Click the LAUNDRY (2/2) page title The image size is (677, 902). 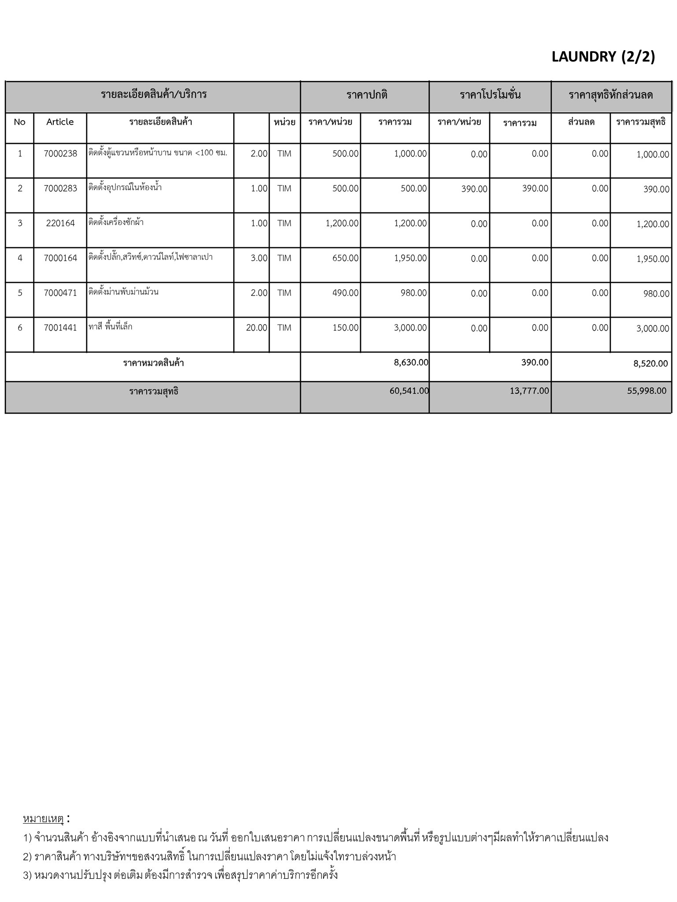(x=603, y=57)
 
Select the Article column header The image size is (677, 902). (x=60, y=122)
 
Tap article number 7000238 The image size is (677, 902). (x=60, y=154)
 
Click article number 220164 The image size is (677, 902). (x=60, y=223)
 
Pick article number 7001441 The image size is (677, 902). (x=60, y=328)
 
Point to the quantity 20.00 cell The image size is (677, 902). (x=257, y=328)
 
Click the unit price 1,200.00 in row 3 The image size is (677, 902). (x=342, y=223)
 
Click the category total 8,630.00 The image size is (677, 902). (x=411, y=362)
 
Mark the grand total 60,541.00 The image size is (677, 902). (x=409, y=391)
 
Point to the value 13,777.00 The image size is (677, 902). (x=529, y=391)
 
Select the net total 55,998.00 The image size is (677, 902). (x=647, y=391)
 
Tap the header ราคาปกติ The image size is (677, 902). (x=367, y=95)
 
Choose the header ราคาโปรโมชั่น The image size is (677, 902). (x=490, y=95)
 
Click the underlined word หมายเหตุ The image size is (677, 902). (x=44, y=819)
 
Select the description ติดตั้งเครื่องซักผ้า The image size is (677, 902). (x=116, y=222)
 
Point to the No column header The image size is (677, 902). (x=20, y=122)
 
